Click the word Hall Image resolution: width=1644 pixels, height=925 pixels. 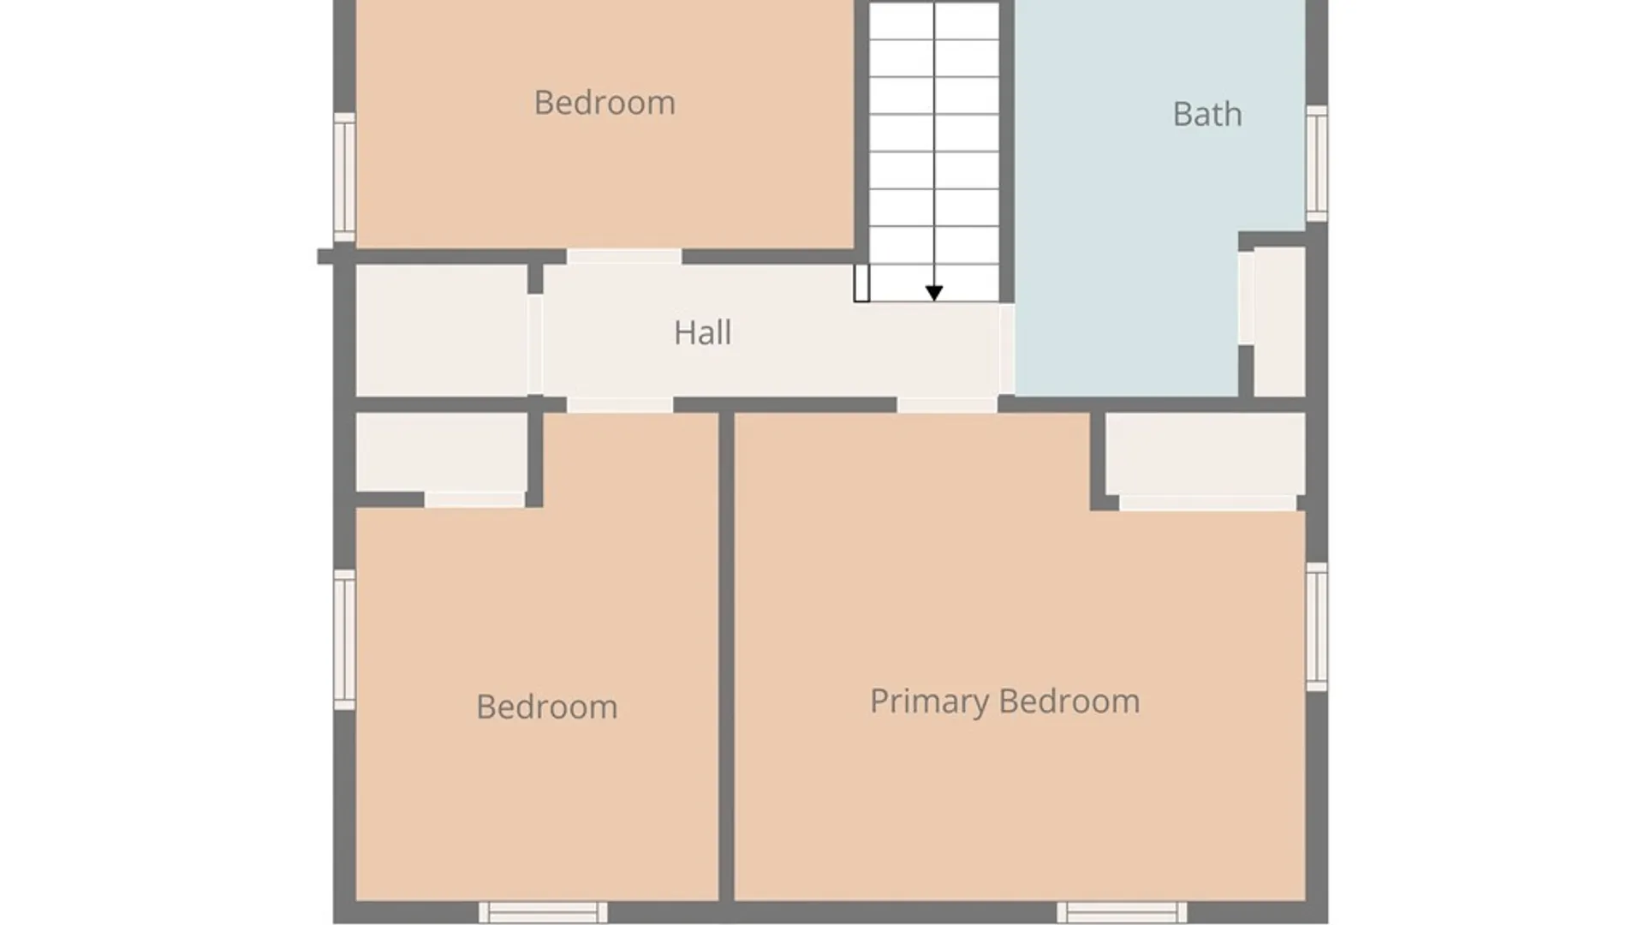click(x=702, y=332)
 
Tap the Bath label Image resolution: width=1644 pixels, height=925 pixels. click(x=1207, y=114)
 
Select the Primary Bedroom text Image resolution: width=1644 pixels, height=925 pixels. click(x=1004, y=701)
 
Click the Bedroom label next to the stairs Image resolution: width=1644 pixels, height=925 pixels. click(x=605, y=103)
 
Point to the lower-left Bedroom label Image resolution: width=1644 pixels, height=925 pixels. click(x=546, y=707)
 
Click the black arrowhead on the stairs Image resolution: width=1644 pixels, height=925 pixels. click(x=934, y=293)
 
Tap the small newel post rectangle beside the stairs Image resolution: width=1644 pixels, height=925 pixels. click(x=861, y=283)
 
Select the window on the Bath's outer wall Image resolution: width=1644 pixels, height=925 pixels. click(x=1317, y=163)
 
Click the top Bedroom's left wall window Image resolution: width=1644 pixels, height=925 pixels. click(x=344, y=177)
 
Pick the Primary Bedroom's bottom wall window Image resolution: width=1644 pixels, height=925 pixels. click(x=1122, y=912)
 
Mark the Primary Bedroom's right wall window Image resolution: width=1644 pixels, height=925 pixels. click(x=1317, y=626)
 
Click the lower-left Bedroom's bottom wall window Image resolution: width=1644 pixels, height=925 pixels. click(x=543, y=912)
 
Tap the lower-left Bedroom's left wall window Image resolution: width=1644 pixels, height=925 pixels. click(x=344, y=640)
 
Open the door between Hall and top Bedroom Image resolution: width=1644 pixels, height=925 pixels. click(x=624, y=257)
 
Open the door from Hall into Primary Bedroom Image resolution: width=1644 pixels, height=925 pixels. click(x=947, y=405)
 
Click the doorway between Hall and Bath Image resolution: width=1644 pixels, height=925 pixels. click(x=1007, y=349)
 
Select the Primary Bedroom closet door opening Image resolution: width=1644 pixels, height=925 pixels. click(x=1207, y=503)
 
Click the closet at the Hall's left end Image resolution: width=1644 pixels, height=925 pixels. click(x=441, y=331)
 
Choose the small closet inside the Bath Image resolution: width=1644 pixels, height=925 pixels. click(x=1279, y=321)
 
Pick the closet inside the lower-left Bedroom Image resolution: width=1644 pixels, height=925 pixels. click(x=441, y=452)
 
